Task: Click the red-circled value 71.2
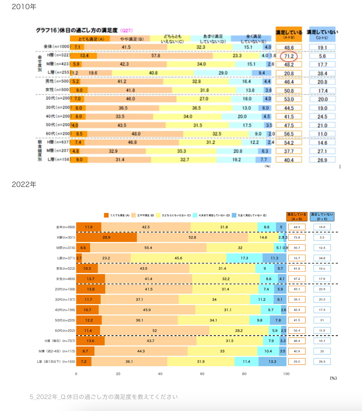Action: [289, 56]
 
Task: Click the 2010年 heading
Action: [24, 7]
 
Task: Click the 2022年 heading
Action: [24, 184]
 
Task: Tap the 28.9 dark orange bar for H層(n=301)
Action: [106, 238]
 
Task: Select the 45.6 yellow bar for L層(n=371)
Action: [178, 258]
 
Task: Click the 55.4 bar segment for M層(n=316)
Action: [148, 248]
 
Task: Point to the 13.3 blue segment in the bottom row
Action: [272, 362]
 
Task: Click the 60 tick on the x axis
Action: [202, 374]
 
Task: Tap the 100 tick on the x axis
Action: [286, 374]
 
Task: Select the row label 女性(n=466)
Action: [66, 279]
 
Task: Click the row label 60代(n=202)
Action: [65, 331]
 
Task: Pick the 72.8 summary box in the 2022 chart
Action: [297, 238]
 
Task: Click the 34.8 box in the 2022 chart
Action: [322, 258]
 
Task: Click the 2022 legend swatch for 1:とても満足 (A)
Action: [106, 215]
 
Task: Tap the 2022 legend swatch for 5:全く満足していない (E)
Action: [234, 215]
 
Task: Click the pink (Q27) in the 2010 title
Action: [126, 30]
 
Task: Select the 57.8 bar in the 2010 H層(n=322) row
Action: [156, 56]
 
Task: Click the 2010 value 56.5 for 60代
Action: [289, 134]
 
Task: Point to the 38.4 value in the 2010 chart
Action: [322, 74]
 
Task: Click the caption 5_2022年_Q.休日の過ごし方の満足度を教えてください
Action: [104, 397]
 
